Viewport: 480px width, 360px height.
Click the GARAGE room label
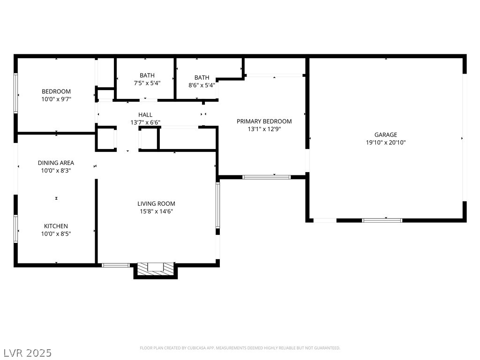point(386,135)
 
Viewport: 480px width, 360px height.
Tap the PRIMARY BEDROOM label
point(264,121)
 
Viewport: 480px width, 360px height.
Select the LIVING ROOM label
point(156,203)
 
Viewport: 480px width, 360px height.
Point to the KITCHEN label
point(56,226)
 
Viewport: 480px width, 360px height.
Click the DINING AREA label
point(56,163)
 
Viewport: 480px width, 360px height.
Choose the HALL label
point(145,115)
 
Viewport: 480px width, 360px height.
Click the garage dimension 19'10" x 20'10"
point(386,142)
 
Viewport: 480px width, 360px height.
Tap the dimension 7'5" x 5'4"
point(147,83)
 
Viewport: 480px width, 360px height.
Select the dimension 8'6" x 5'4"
point(202,85)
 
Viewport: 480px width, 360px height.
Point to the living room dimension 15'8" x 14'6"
point(157,211)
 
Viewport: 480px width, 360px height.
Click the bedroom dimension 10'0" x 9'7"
point(56,99)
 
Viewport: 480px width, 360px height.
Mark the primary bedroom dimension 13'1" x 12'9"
point(264,129)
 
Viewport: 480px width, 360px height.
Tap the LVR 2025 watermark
point(26,352)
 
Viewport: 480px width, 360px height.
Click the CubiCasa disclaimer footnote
point(240,348)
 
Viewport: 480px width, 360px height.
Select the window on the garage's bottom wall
point(382,220)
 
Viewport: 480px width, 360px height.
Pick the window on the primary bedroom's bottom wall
point(266,177)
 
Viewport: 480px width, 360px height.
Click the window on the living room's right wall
point(217,205)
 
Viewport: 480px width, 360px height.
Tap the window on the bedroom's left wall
point(15,93)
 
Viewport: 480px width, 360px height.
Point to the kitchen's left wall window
point(15,229)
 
